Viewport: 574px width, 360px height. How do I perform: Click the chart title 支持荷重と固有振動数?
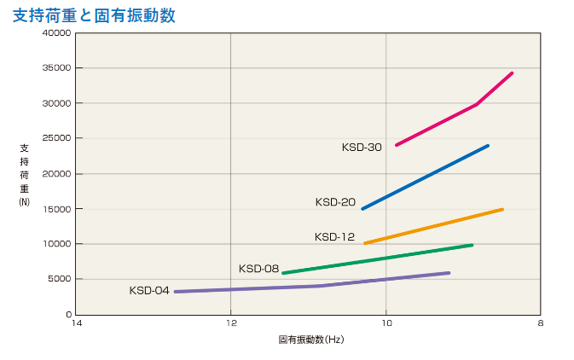coord(94,15)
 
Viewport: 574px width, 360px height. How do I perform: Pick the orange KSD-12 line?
coord(433,226)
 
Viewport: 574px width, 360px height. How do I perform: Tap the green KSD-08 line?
coord(378,258)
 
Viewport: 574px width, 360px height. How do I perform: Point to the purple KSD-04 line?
coord(312,286)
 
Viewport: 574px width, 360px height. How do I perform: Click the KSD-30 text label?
coord(362,147)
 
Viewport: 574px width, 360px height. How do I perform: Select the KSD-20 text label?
coord(335,202)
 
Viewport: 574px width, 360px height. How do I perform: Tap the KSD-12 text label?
coord(334,237)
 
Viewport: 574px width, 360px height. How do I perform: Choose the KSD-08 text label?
coord(259,269)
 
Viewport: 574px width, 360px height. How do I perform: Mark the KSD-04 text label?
coord(149,291)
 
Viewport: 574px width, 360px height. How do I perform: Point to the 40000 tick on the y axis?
coord(56,33)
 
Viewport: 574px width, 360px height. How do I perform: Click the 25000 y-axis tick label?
coord(56,138)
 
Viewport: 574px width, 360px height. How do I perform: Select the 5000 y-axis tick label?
coord(59,279)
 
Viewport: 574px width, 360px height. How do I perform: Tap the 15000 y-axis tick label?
coord(56,209)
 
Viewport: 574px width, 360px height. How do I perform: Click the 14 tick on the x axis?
coord(76,323)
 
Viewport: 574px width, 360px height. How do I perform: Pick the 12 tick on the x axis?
coord(231,323)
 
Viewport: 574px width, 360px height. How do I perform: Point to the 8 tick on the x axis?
coord(541,323)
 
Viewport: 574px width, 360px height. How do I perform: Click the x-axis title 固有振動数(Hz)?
coord(310,340)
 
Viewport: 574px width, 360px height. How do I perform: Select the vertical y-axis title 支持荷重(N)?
coord(24,175)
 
